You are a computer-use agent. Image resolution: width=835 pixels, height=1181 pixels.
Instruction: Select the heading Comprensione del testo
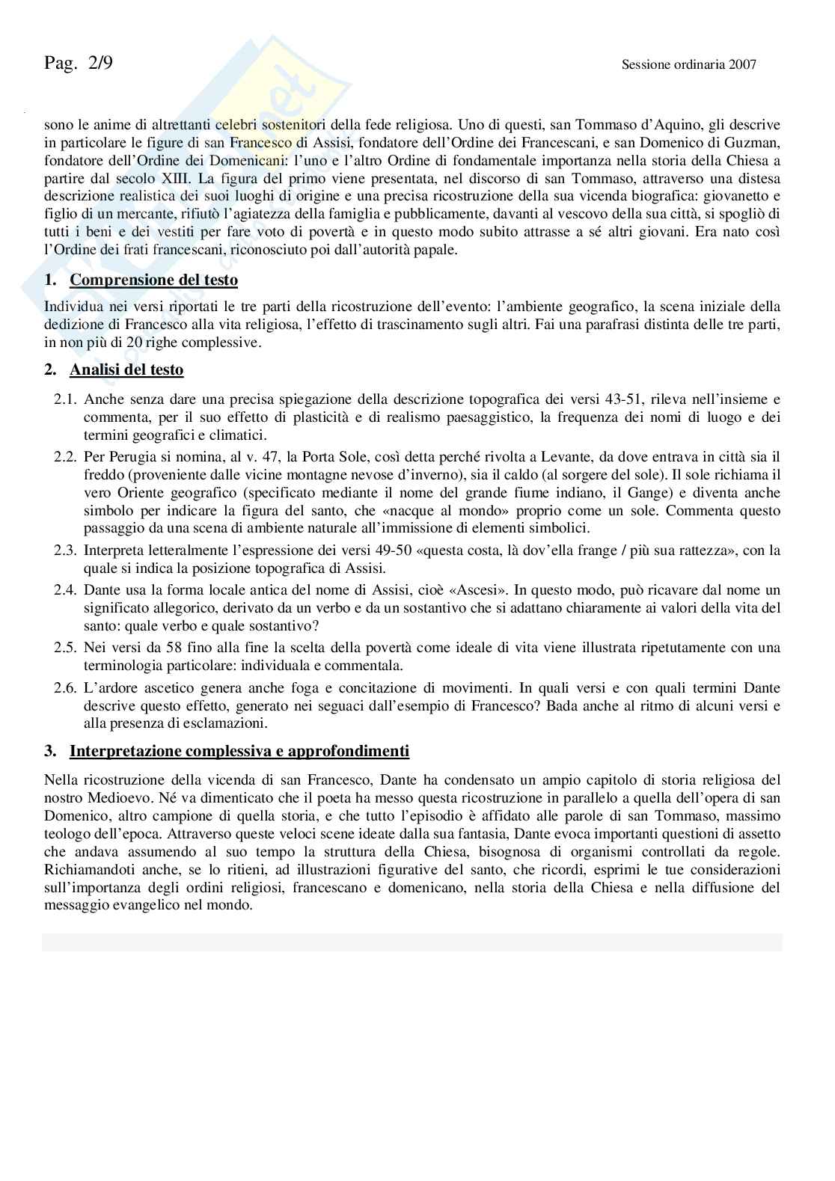153,280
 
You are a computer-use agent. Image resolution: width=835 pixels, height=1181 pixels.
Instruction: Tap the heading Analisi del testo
126,369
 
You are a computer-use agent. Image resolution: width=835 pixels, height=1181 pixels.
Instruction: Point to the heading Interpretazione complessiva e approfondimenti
239,751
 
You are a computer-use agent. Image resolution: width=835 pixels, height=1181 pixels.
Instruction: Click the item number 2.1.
65,399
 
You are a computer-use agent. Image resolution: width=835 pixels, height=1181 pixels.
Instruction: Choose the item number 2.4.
65,590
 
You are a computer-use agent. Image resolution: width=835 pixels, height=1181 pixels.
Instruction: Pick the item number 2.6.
65,687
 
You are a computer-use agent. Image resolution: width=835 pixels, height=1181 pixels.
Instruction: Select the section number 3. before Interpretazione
50,751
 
